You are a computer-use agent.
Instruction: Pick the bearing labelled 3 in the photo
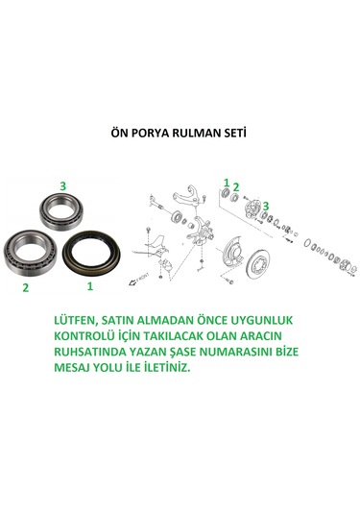[63, 211]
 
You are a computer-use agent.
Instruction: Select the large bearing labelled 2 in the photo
[30, 253]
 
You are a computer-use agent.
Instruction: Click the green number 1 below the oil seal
[90, 286]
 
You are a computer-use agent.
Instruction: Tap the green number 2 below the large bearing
[26, 287]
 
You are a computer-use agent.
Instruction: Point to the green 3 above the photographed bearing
[63, 185]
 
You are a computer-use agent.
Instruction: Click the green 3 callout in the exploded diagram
[266, 206]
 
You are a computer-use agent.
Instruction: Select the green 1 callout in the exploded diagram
[227, 183]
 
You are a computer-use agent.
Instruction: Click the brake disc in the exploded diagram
[262, 264]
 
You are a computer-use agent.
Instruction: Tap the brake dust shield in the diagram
[232, 255]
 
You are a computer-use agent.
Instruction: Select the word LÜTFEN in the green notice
[76, 320]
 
